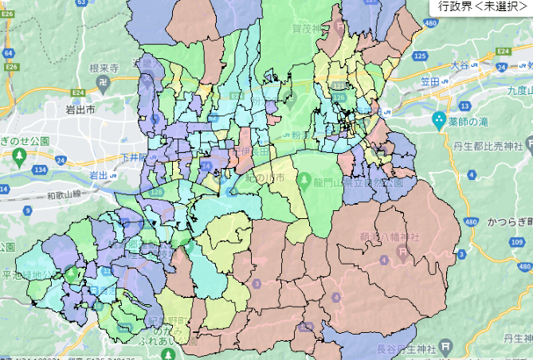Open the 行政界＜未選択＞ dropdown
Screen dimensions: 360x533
481,6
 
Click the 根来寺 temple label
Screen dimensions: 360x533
104,69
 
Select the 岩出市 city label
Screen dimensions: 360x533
80,111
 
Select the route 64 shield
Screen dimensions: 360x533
8,53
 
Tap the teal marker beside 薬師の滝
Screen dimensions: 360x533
437,121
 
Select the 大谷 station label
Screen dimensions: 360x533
460,64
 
